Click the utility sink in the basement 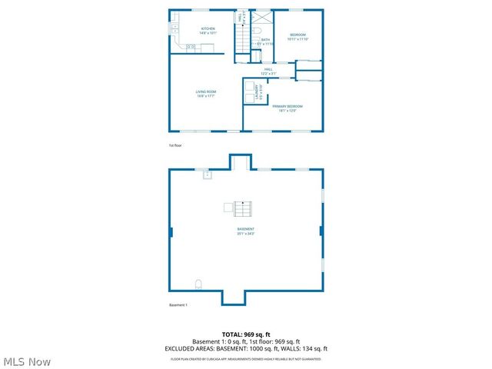click(207, 175)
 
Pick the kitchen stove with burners click(191, 48)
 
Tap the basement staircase click(244, 208)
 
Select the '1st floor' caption click(175, 145)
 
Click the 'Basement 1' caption click(178, 305)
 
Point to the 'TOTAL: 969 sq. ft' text click(246, 334)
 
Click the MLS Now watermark click(27, 361)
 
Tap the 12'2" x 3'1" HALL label click(268, 71)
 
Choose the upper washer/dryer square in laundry click(250, 86)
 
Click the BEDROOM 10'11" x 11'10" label click(298, 36)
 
